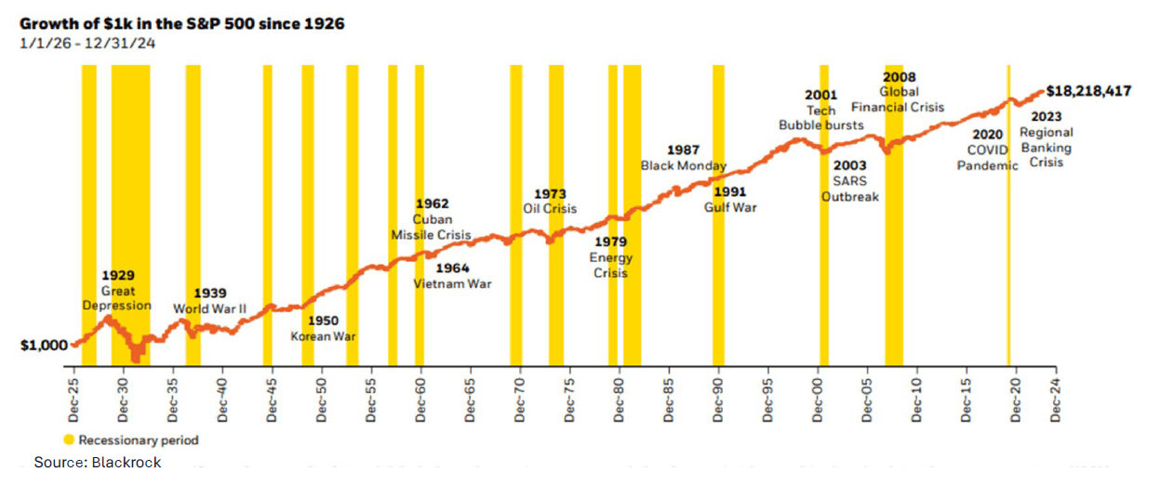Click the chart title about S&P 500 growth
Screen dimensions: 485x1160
pos(182,23)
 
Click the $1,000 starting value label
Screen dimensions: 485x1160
pos(44,345)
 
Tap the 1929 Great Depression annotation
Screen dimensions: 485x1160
pos(117,291)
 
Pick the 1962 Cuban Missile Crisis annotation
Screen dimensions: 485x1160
pos(431,219)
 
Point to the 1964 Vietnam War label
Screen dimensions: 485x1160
pos(452,276)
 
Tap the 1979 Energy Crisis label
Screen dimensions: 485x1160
pos(611,257)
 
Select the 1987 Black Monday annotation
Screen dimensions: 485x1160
pos(684,158)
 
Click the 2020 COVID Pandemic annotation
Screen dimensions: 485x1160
pos(988,149)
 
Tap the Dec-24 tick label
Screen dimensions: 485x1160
pos(1055,401)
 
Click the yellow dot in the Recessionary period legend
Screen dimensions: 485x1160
pos(70,440)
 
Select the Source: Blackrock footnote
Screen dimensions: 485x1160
pos(98,463)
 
